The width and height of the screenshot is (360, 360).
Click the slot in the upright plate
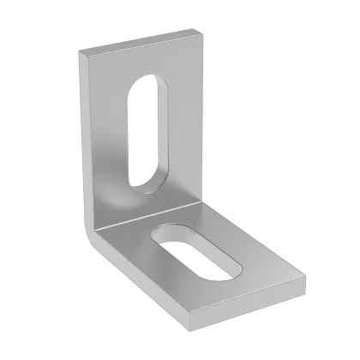141,129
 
